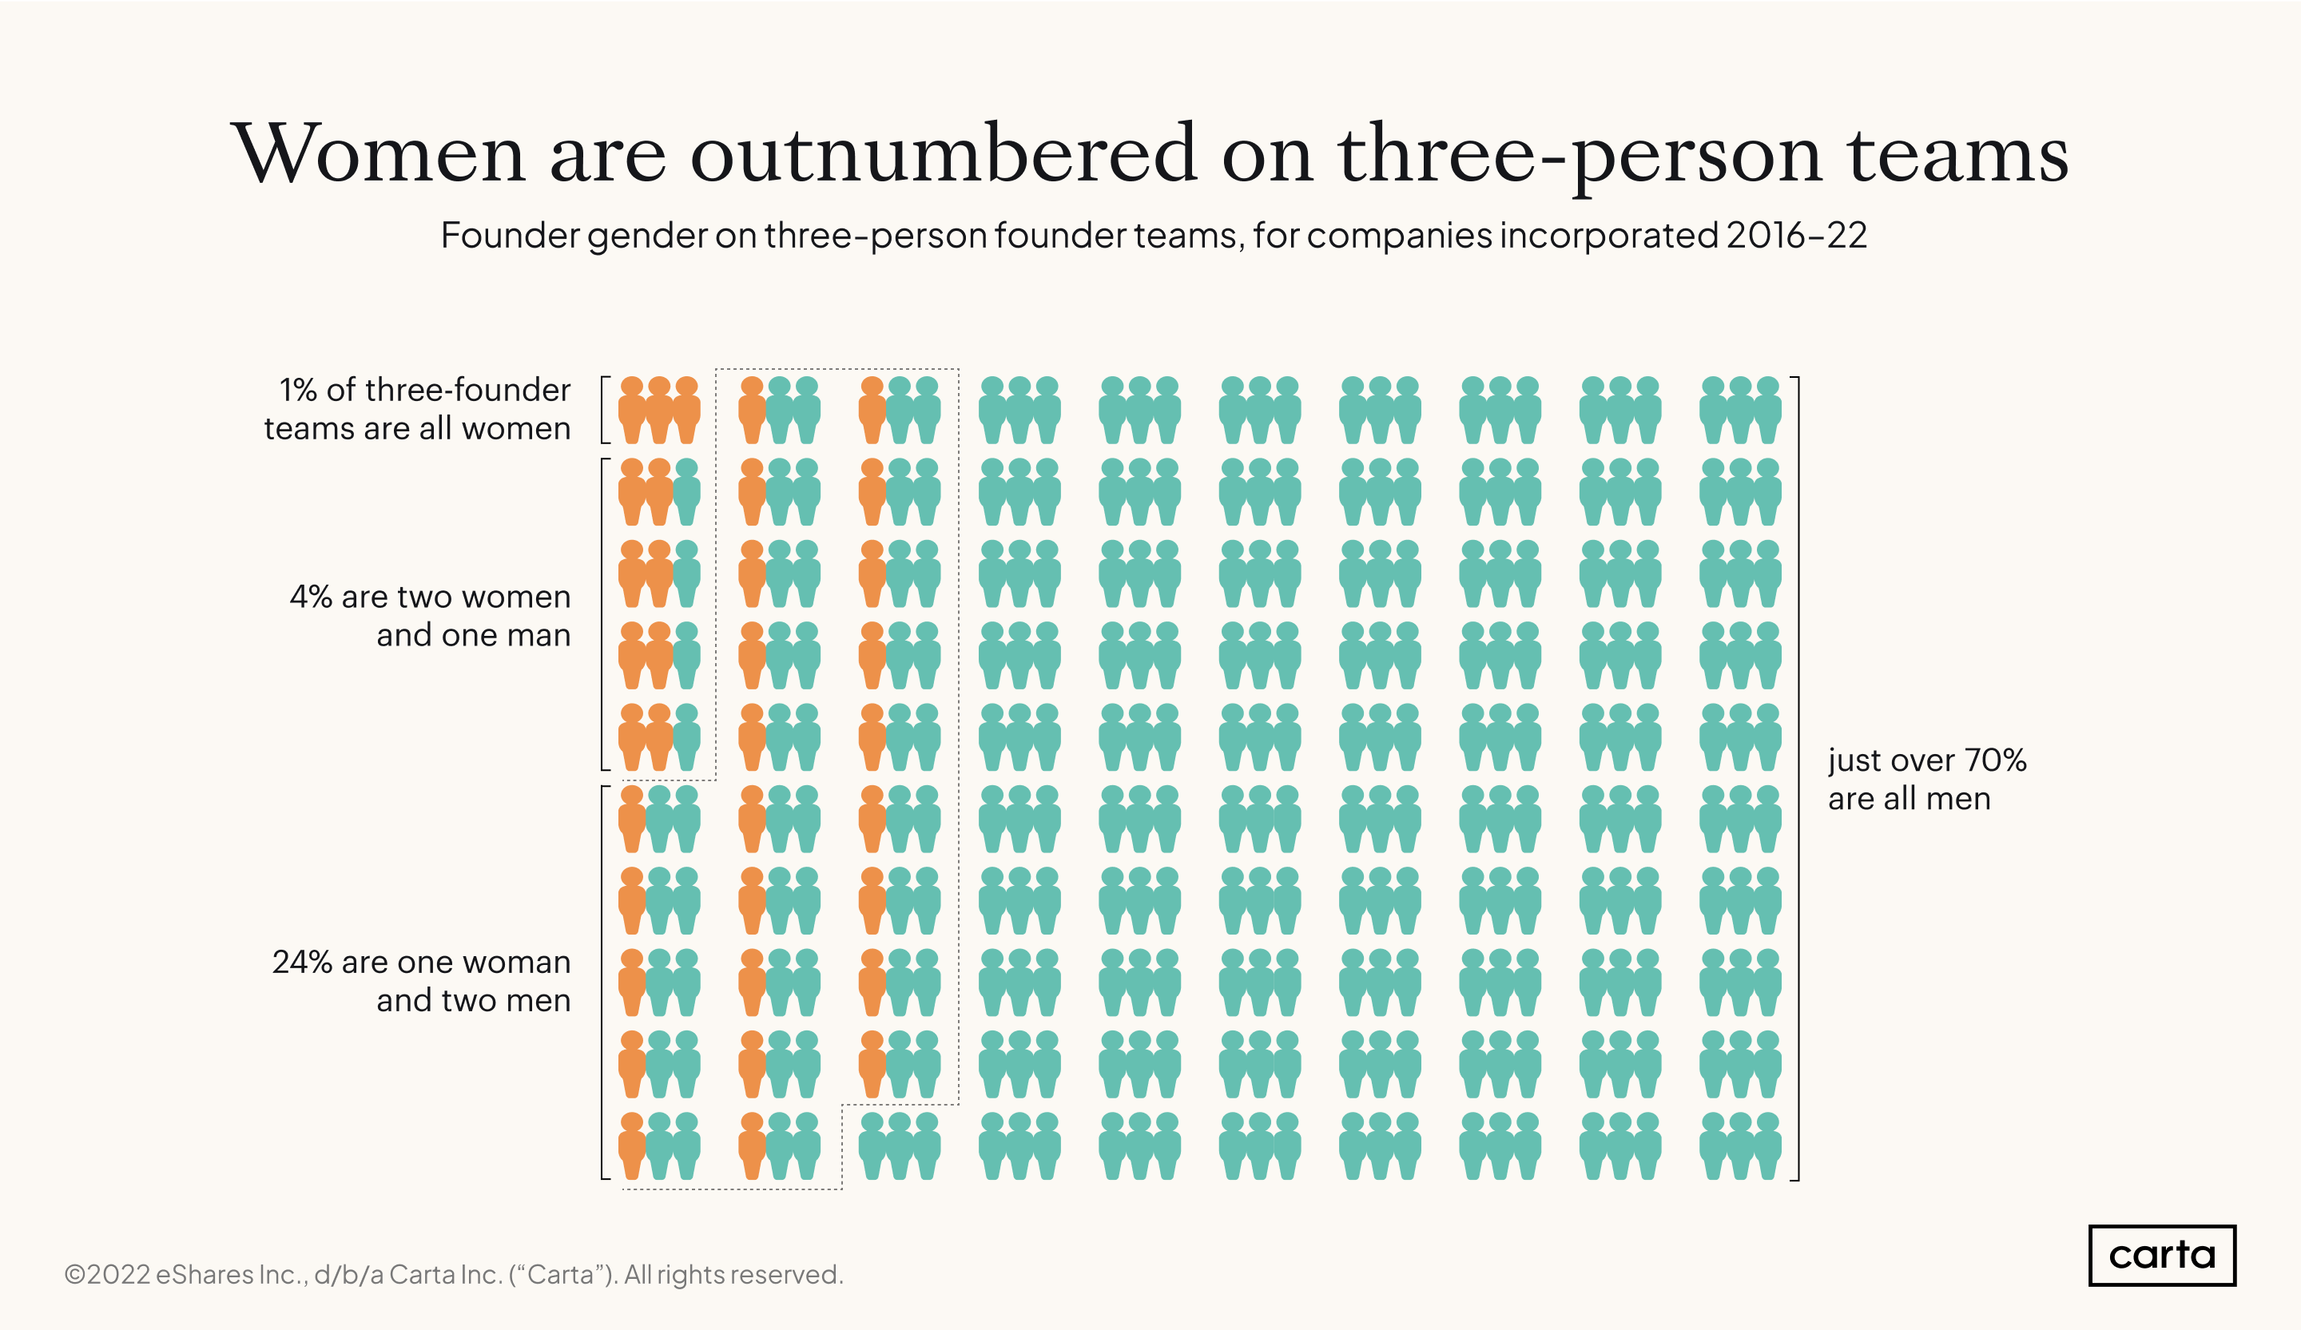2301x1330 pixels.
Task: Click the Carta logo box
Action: click(x=2161, y=1255)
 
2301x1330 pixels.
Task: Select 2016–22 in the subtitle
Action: click(x=1795, y=236)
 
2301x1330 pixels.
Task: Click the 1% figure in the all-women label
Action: click(x=298, y=390)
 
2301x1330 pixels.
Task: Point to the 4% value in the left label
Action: click(x=311, y=596)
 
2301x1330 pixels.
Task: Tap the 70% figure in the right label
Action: click(x=1996, y=760)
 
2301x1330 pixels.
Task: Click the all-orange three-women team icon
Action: click(x=659, y=410)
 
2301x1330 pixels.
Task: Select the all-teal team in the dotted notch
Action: click(x=900, y=1145)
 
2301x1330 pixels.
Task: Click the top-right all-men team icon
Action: click(x=1740, y=410)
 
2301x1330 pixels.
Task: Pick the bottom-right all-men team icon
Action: click(x=1740, y=1145)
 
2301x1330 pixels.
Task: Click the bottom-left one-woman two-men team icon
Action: click(x=659, y=1145)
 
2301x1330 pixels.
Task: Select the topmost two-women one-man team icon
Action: click(x=659, y=491)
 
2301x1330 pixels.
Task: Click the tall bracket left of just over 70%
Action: click(x=1797, y=778)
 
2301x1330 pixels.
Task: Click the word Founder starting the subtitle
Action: click(x=510, y=236)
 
